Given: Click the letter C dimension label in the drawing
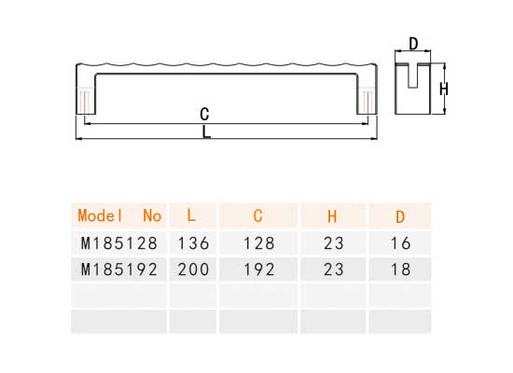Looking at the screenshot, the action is (x=204, y=114).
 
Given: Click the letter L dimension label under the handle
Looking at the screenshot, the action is (x=206, y=132).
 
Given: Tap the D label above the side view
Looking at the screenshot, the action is (x=413, y=44).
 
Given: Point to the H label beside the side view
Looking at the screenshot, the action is (x=444, y=89).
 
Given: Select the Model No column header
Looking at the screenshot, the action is (x=119, y=216).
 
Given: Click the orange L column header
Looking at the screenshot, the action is (x=191, y=215).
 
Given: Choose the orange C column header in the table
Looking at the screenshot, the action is (x=257, y=216).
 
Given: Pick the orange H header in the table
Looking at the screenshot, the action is (x=332, y=216).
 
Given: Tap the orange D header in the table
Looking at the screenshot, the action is (x=400, y=217).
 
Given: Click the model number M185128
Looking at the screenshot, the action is (x=119, y=243).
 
